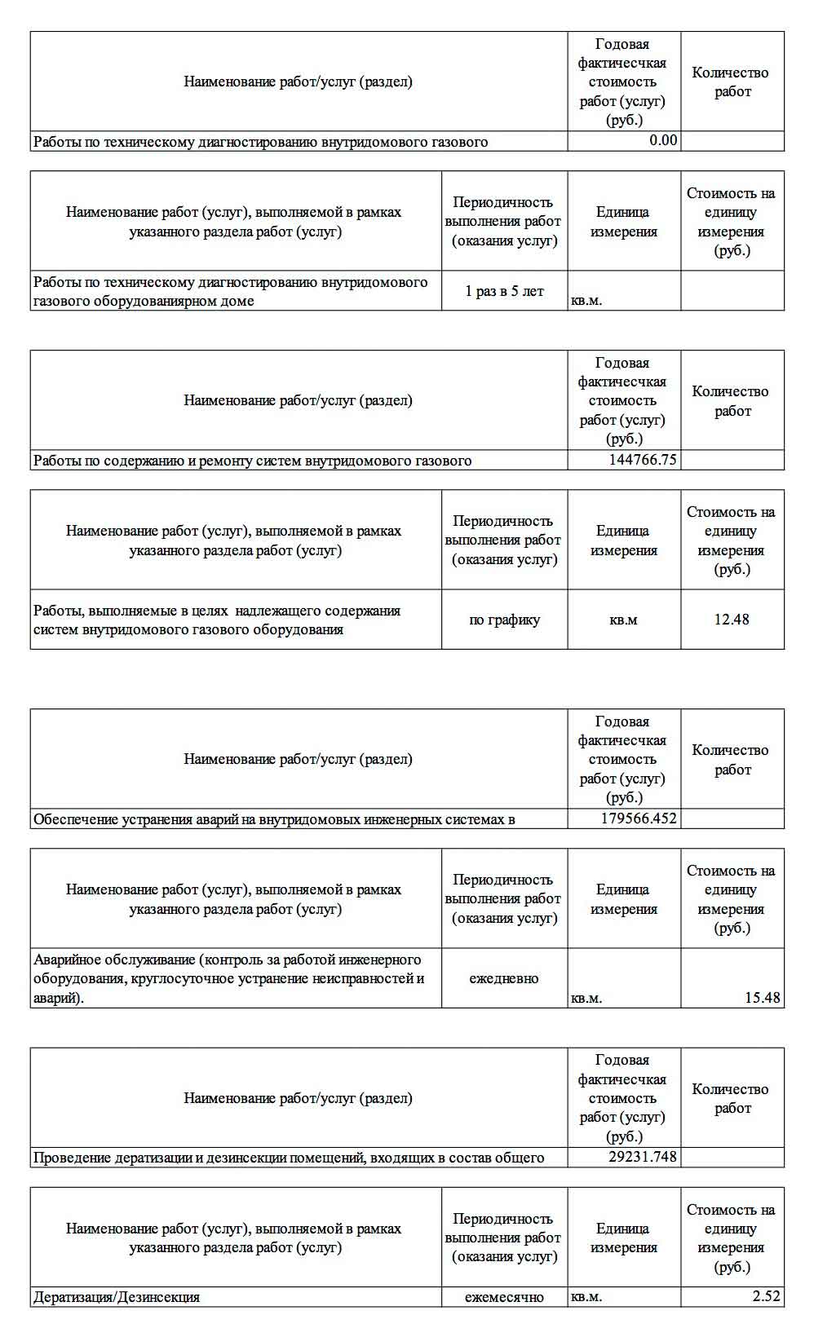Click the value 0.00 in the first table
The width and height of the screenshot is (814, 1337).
pos(662,140)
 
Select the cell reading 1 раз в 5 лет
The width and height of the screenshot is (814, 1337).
pos(504,291)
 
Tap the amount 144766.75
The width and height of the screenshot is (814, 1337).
pos(642,460)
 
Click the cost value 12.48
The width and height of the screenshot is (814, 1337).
pos(731,620)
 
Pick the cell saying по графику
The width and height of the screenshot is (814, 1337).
pos(504,620)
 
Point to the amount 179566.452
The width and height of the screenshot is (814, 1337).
pos(638,819)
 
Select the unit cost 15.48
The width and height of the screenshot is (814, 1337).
pos(762,998)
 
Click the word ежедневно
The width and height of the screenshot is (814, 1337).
pos(504,978)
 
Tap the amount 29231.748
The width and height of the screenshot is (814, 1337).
pos(642,1157)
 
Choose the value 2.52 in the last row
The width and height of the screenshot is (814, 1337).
pos(766,1296)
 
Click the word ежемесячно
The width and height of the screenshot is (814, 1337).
pos(504,1297)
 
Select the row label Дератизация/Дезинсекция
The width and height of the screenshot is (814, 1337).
pos(117,1297)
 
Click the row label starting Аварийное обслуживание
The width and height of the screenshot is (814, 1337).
pos(228,978)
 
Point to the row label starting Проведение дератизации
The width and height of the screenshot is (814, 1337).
pos(289,1158)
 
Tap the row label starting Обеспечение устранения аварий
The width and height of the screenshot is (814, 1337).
pos(274,819)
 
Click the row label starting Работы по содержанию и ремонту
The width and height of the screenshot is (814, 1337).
pos(252,461)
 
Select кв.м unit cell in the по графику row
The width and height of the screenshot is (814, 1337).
pos(623,620)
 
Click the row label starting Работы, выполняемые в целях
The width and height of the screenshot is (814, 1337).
pos(217,620)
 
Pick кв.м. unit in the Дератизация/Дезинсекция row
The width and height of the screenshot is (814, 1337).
pos(586,1297)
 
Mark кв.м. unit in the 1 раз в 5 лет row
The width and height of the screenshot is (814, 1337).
pos(586,301)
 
